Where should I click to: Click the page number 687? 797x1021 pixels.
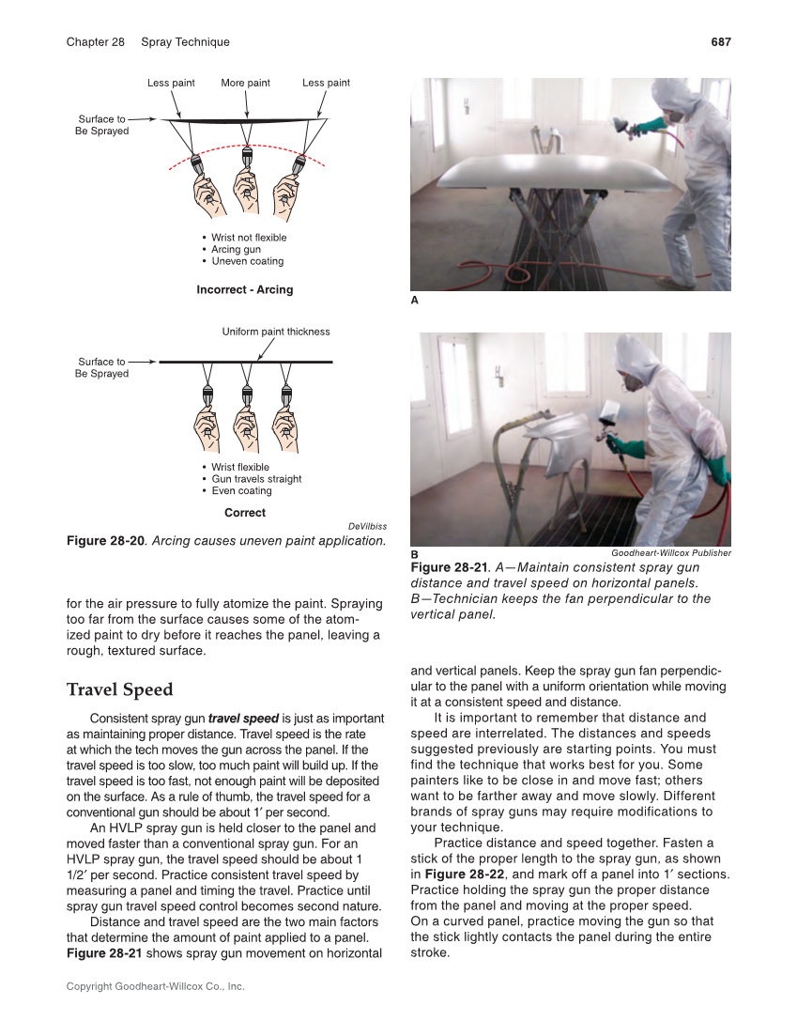pos(720,42)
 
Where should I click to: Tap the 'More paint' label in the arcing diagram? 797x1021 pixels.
pos(245,83)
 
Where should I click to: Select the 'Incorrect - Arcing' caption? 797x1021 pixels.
pos(244,289)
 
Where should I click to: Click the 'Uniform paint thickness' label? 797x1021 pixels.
pos(276,332)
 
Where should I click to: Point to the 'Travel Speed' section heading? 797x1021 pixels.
pos(119,690)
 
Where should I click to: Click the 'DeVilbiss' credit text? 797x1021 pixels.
pos(367,526)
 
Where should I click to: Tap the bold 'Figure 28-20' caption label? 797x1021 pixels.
pos(105,541)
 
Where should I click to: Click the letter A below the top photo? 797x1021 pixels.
pos(415,302)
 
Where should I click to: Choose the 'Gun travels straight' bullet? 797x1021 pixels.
pos(256,479)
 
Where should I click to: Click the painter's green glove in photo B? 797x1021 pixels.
pos(625,448)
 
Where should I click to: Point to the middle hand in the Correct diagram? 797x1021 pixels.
pos(246,430)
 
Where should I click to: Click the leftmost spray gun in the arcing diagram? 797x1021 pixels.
pos(200,163)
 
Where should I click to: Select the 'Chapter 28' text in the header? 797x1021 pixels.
pos(95,42)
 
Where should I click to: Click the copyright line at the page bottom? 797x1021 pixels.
pos(155,987)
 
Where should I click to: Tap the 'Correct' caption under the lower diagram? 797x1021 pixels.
pos(245,513)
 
